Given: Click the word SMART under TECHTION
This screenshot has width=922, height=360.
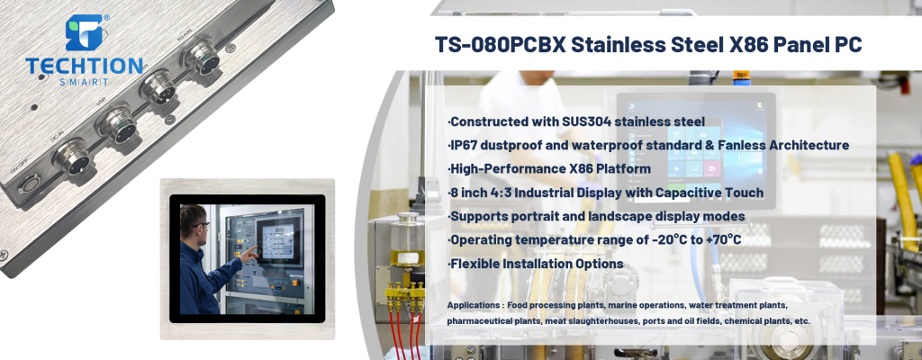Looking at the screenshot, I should coord(85,81).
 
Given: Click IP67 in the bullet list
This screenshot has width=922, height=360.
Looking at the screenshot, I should coord(466,145).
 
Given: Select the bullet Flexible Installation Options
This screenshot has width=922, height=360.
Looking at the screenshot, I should coord(536,264).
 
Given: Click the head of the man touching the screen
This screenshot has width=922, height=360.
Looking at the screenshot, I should coord(199,220).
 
